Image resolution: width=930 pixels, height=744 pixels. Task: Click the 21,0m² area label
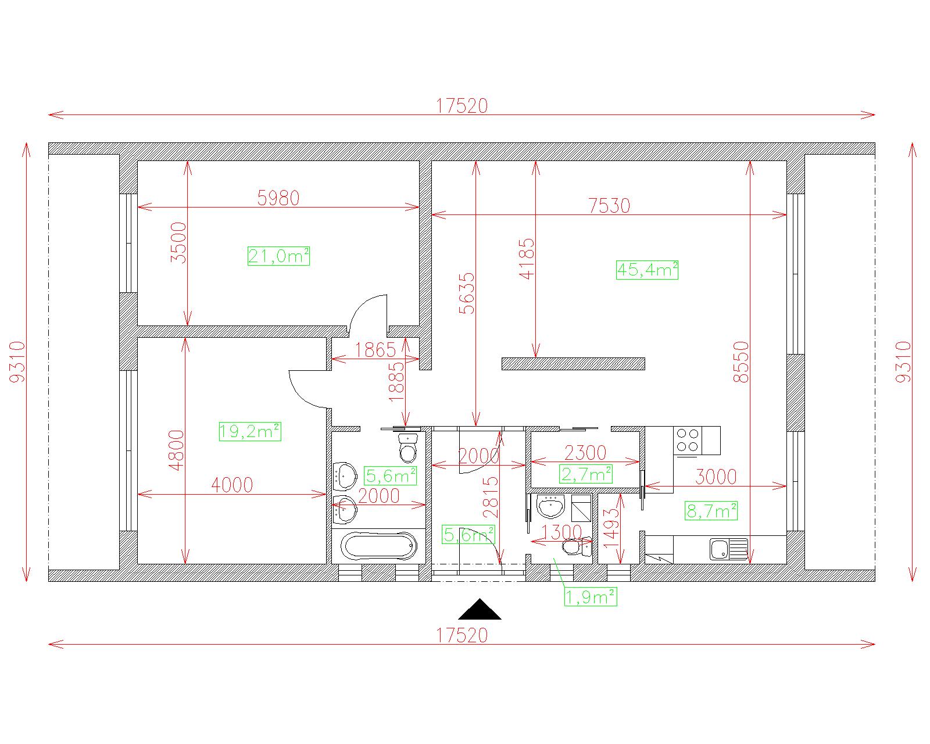[279, 256]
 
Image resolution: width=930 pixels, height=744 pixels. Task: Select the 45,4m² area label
[647, 270]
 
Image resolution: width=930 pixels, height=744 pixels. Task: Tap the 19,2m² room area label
[250, 431]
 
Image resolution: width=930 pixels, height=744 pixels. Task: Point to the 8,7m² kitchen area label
[711, 510]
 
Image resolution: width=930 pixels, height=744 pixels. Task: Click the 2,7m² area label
[585, 474]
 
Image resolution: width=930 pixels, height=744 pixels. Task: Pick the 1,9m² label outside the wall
[591, 597]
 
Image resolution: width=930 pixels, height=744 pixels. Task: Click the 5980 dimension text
[278, 198]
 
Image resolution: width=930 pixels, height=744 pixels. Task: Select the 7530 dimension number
[609, 206]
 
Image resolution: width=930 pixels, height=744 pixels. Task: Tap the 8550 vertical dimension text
[741, 362]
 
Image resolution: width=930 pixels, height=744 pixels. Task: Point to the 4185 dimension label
[527, 259]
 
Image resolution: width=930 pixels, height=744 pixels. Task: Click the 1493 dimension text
[611, 528]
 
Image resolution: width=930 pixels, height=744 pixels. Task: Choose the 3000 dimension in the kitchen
[716, 477]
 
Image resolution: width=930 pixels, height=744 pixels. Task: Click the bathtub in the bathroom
[379, 546]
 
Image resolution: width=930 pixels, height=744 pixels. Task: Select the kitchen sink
[729, 549]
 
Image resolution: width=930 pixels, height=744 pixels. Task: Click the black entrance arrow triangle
[480, 610]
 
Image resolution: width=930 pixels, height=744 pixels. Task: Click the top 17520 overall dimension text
[462, 106]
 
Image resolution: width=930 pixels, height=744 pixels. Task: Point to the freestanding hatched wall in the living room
[573, 363]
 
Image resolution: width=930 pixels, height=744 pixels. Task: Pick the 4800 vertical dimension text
[177, 450]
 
